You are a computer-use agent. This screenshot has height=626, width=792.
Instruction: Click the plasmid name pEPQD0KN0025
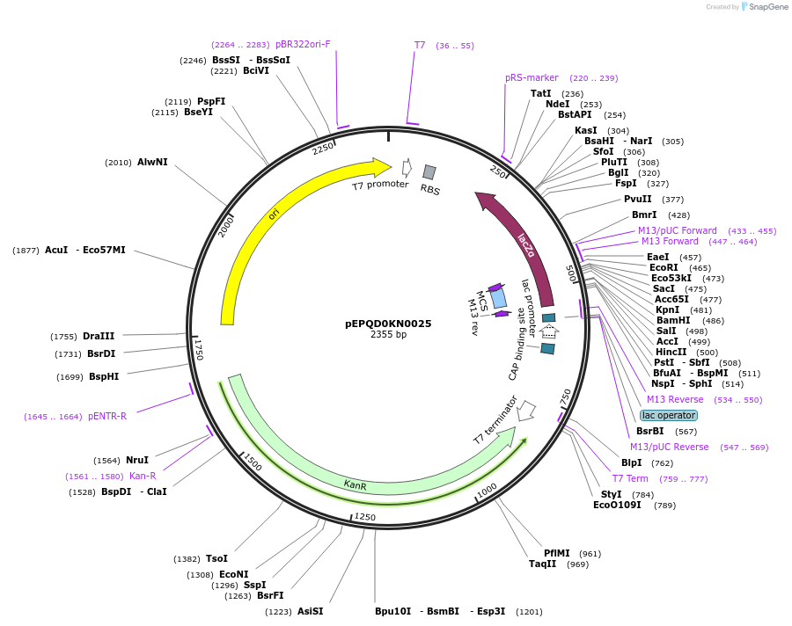click(x=388, y=324)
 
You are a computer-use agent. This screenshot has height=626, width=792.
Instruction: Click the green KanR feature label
click(x=355, y=484)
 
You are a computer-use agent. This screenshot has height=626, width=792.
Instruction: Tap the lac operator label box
click(x=669, y=415)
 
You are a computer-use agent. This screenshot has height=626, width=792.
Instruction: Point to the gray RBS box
click(x=429, y=172)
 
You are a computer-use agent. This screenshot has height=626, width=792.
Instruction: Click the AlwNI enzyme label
click(x=152, y=162)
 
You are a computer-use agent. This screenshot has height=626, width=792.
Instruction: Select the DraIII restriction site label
click(x=99, y=336)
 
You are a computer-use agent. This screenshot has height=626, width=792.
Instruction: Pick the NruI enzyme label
click(x=137, y=460)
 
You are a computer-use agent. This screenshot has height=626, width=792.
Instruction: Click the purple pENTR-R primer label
click(x=107, y=416)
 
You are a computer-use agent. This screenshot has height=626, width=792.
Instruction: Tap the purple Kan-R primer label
click(x=143, y=476)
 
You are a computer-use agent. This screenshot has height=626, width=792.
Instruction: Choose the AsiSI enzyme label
click(x=310, y=611)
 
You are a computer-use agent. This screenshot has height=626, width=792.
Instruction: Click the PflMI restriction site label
click(x=556, y=553)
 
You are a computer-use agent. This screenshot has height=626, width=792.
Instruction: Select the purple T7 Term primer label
click(x=630, y=478)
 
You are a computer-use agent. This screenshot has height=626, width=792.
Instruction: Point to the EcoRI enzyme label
click(x=664, y=267)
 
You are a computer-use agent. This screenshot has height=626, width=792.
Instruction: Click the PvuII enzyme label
click(x=638, y=199)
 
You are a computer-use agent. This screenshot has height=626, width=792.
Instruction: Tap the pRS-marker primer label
click(x=532, y=77)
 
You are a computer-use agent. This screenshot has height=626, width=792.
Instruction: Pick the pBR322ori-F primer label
click(x=303, y=44)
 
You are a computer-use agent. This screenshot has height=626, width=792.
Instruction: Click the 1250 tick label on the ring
click(x=365, y=517)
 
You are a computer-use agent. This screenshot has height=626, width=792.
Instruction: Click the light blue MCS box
click(x=499, y=298)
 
